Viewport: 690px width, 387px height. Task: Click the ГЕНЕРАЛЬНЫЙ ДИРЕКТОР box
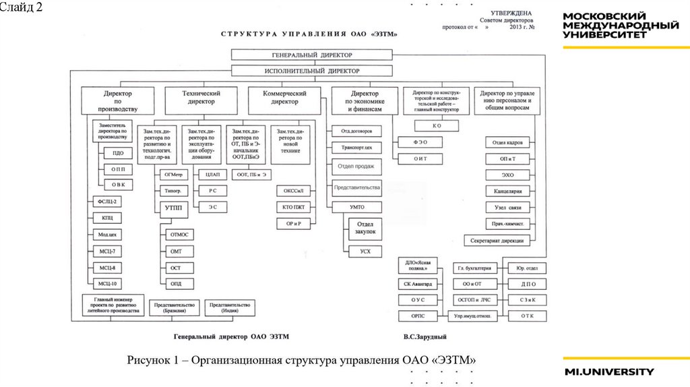(312, 55)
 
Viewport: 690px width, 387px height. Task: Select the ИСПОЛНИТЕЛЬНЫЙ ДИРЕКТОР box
(312, 70)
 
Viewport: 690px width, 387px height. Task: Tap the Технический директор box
(201, 97)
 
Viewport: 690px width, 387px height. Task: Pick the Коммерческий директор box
(285, 97)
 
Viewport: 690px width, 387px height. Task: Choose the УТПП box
(173, 208)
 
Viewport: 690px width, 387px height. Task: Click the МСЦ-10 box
(108, 284)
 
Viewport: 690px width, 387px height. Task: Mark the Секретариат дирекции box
(498, 240)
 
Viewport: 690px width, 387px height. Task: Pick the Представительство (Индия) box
(230, 307)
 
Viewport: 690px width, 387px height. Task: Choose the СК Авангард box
(418, 284)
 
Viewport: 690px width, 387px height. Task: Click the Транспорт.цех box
(357, 146)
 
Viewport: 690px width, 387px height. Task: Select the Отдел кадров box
(507, 142)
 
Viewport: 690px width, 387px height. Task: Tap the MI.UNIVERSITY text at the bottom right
(608, 371)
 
